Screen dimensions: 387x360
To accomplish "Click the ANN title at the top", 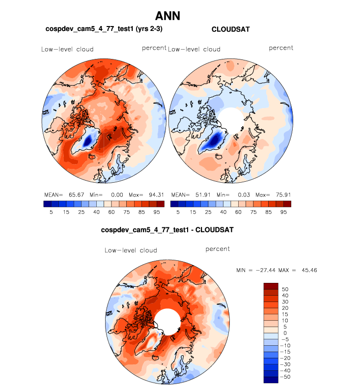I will click(167, 16).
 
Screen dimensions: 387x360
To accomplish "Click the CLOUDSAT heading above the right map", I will click(230, 29).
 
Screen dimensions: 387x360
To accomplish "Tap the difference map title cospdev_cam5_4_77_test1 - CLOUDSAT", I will click(166, 230).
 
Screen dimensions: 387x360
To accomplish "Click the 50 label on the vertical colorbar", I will click(285, 289).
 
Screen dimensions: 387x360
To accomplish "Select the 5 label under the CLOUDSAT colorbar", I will click(178, 212).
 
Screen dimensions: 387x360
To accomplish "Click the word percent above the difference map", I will click(218, 249).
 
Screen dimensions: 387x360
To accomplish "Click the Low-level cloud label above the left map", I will click(67, 49).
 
